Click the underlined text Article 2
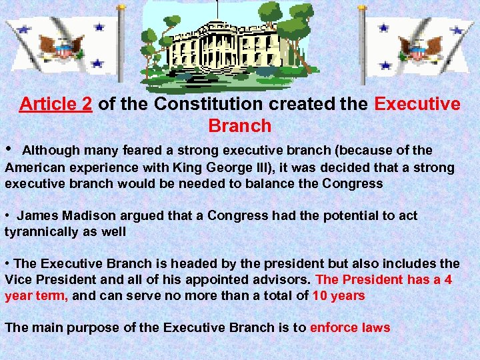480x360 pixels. tap(55, 104)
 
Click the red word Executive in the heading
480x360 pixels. tap(417, 104)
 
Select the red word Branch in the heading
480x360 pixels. tap(240, 125)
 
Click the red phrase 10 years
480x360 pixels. tap(339, 295)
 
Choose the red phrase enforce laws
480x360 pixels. tap(350, 327)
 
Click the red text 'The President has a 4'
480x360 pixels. tap(384, 279)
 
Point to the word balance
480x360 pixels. tap(265, 183)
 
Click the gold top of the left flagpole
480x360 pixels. tap(121, 7)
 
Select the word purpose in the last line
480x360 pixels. tap(81, 327)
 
